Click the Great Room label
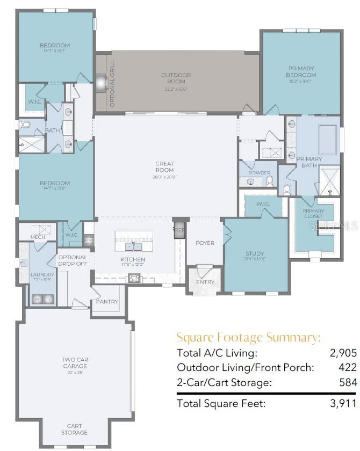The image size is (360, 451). [165, 166]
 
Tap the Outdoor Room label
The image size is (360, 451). [176, 79]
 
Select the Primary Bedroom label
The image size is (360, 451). [301, 72]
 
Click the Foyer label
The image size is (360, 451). [204, 243]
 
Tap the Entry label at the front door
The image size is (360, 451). [205, 282]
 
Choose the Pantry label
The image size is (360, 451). [107, 302]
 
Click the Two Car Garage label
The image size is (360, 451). [74, 363]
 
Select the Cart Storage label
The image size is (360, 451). [74, 430]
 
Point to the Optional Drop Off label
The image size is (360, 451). [73, 260]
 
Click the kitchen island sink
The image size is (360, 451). [133, 246]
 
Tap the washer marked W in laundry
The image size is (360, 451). [38, 299]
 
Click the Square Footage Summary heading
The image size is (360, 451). [249, 338]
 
